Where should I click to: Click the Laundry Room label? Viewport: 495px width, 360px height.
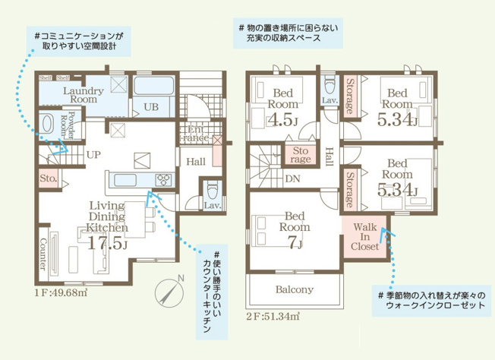79,95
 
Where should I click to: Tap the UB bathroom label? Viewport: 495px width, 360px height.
151,107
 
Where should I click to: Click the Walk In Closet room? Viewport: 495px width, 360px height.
364,237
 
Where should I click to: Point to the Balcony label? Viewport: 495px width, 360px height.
295,289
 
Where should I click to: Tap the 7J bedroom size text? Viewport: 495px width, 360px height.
294,243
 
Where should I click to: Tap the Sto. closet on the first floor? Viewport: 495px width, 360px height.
47,178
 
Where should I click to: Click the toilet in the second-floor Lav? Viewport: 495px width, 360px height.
329,84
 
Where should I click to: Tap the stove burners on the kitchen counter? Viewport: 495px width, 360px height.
163,179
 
